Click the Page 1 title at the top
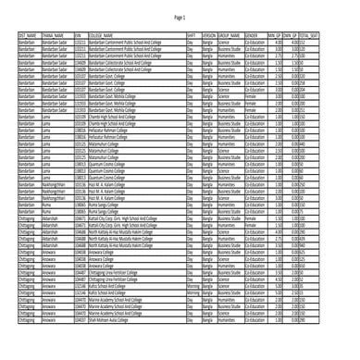coord(180,18)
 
